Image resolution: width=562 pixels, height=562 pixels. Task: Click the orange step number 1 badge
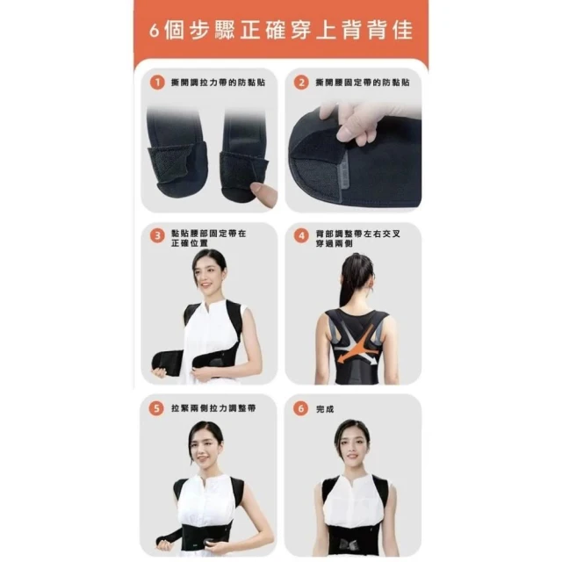coord(157,83)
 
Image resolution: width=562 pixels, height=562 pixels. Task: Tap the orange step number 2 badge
coord(301,83)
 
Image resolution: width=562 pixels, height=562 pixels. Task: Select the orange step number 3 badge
coord(157,236)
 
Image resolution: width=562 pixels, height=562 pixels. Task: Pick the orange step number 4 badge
coord(301,236)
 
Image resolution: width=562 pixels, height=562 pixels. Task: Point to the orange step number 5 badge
coord(156,408)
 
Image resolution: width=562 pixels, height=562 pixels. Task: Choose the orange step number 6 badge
coord(300,408)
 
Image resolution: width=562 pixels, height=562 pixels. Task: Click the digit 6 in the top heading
coord(155,32)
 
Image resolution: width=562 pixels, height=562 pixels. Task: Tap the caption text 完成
coord(325,409)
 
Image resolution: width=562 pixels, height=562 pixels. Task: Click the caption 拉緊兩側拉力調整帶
coord(213,408)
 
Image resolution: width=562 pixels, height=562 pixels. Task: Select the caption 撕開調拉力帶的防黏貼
coord(218,83)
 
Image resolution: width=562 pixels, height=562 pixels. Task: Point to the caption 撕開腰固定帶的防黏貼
coord(363,83)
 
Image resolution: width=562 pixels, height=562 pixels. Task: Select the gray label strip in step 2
coord(343,175)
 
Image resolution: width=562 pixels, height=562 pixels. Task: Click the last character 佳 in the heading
coord(402,30)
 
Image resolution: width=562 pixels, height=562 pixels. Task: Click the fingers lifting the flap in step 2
coord(349,124)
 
